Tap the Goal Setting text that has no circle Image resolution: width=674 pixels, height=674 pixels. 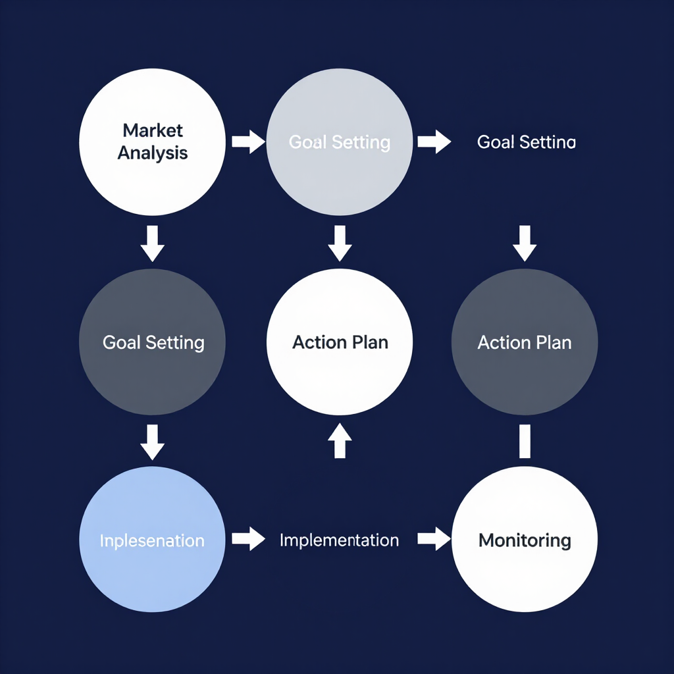(526, 142)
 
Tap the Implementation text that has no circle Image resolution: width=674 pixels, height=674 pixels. (339, 540)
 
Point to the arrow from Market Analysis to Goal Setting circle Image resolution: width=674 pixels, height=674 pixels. (247, 142)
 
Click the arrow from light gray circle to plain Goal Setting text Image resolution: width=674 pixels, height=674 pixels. (434, 142)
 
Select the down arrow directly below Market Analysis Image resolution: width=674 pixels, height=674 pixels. (153, 244)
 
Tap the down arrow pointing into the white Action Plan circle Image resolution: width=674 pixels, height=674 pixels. (340, 244)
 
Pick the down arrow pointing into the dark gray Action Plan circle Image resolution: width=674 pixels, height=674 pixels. (525, 244)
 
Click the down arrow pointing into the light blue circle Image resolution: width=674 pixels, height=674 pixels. (153, 442)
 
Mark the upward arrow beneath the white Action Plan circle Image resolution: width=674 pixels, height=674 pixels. (340, 440)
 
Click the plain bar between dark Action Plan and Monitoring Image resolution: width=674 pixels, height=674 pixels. (525, 441)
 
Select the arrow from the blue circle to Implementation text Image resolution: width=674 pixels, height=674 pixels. (247, 539)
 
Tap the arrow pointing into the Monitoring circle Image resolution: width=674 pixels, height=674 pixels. (434, 539)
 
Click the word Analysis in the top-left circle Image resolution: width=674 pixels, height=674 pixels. (153, 153)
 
